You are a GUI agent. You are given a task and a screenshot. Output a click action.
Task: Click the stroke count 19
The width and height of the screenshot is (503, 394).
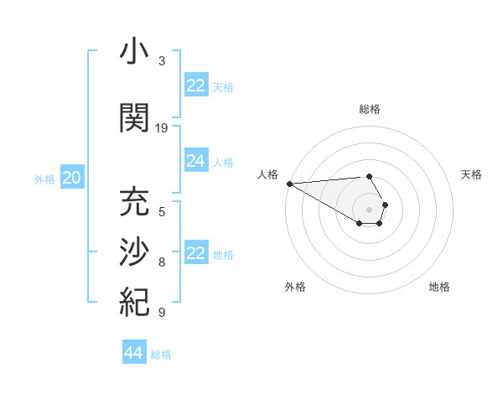[162, 128]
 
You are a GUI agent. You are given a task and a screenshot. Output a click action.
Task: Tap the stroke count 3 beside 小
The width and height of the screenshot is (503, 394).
[161, 61]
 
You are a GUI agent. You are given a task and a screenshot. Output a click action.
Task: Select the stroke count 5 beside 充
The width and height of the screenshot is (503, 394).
[161, 212]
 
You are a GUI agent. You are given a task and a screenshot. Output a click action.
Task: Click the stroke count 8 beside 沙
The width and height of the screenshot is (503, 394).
[161, 262]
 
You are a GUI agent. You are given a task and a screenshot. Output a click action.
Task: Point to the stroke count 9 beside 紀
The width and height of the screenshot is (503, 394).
[161, 313]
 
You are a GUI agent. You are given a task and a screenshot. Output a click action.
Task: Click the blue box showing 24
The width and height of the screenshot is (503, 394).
[196, 161]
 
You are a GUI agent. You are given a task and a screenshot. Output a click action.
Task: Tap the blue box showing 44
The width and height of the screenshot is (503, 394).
[134, 353]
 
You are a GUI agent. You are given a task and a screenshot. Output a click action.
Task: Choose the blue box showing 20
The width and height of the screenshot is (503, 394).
[72, 178]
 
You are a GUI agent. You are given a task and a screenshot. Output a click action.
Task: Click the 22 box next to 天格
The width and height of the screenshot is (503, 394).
[196, 86]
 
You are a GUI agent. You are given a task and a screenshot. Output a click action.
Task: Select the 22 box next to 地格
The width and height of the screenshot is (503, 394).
[196, 253]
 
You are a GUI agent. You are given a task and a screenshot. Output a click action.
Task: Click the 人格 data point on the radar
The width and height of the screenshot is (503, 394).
[289, 184]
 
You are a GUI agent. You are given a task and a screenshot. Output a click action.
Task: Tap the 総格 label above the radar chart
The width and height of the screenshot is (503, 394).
[369, 109]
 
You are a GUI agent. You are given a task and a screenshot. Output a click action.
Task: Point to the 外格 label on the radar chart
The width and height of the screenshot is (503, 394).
[295, 287]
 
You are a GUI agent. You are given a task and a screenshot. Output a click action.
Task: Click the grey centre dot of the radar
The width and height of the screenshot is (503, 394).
[369, 209]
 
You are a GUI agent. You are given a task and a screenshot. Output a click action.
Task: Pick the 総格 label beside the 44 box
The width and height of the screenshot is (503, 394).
[161, 355]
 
